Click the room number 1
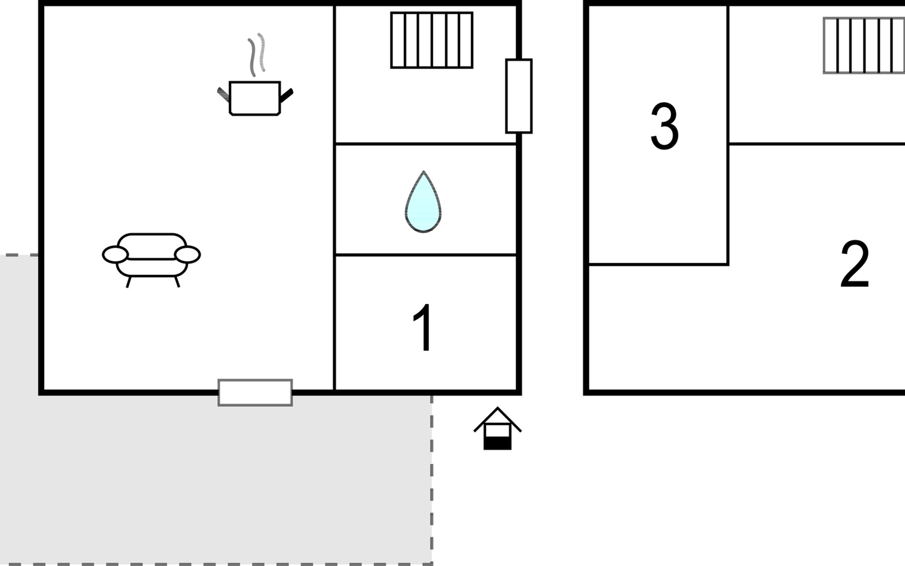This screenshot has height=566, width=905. point(423,327)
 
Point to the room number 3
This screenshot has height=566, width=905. point(664,126)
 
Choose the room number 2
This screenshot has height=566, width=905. point(855,264)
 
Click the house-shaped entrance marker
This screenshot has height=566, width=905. point(497,428)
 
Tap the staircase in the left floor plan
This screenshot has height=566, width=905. point(432,40)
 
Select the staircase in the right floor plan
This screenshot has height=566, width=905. point(864,45)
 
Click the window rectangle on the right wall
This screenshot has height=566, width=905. point(519,96)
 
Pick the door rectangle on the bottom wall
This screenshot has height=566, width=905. point(255,392)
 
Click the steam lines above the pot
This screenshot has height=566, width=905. point(257,55)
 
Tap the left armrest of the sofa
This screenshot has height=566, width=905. point(115,255)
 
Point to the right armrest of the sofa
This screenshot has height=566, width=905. point(188,255)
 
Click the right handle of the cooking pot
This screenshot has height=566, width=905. point(287,95)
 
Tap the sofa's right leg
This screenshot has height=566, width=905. point(177,282)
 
